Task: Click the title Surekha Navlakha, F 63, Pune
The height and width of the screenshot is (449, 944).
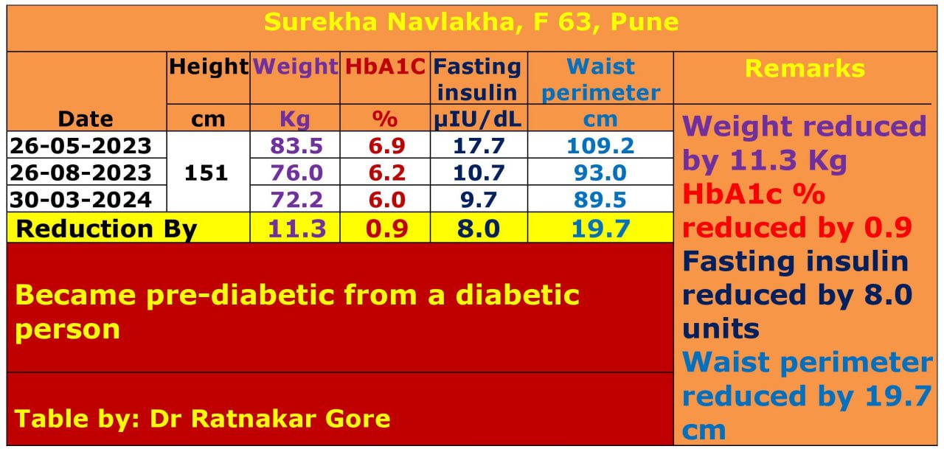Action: (471, 22)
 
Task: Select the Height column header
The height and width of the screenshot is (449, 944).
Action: (209, 67)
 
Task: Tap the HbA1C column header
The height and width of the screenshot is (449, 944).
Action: (385, 67)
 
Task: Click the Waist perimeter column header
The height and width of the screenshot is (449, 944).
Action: (601, 80)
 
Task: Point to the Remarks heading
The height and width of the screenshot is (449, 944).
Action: (805, 69)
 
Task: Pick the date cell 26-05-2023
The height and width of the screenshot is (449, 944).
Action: (80, 145)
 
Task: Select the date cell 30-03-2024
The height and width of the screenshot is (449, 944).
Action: (80, 199)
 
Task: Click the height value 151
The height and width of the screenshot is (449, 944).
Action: (208, 173)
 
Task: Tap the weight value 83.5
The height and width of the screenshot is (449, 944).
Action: (296, 145)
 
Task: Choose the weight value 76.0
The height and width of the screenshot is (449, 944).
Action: (296, 173)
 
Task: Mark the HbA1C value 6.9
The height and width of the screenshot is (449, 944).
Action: (385, 145)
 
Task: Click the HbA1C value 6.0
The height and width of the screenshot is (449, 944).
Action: (385, 199)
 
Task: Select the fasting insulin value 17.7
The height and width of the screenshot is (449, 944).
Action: (479, 145)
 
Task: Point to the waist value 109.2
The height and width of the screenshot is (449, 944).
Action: (600, 145)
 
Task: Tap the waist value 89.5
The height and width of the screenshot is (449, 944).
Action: (600, 199)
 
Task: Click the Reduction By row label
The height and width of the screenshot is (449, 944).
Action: (106, 229)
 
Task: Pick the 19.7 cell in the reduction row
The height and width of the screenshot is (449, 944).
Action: (600, 229)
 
